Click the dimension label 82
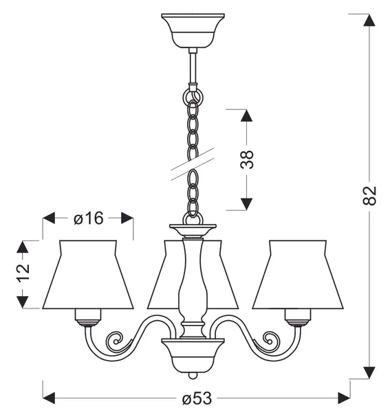coord(369,196)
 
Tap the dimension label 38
coord(246,159)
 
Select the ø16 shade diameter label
coord(88,218)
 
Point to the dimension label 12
coord(23,273)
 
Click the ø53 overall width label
coord(197,398)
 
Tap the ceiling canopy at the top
coord(193,31)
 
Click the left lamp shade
coord(88,275)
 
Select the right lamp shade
coord(298,275)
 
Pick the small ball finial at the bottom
coord(193,376)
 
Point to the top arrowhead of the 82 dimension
coord(369,20)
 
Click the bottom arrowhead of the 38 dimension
coord(246,204)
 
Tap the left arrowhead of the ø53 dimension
coord(49,398)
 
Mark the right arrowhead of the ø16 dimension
coord(127,218)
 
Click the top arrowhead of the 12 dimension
coord(23,247)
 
